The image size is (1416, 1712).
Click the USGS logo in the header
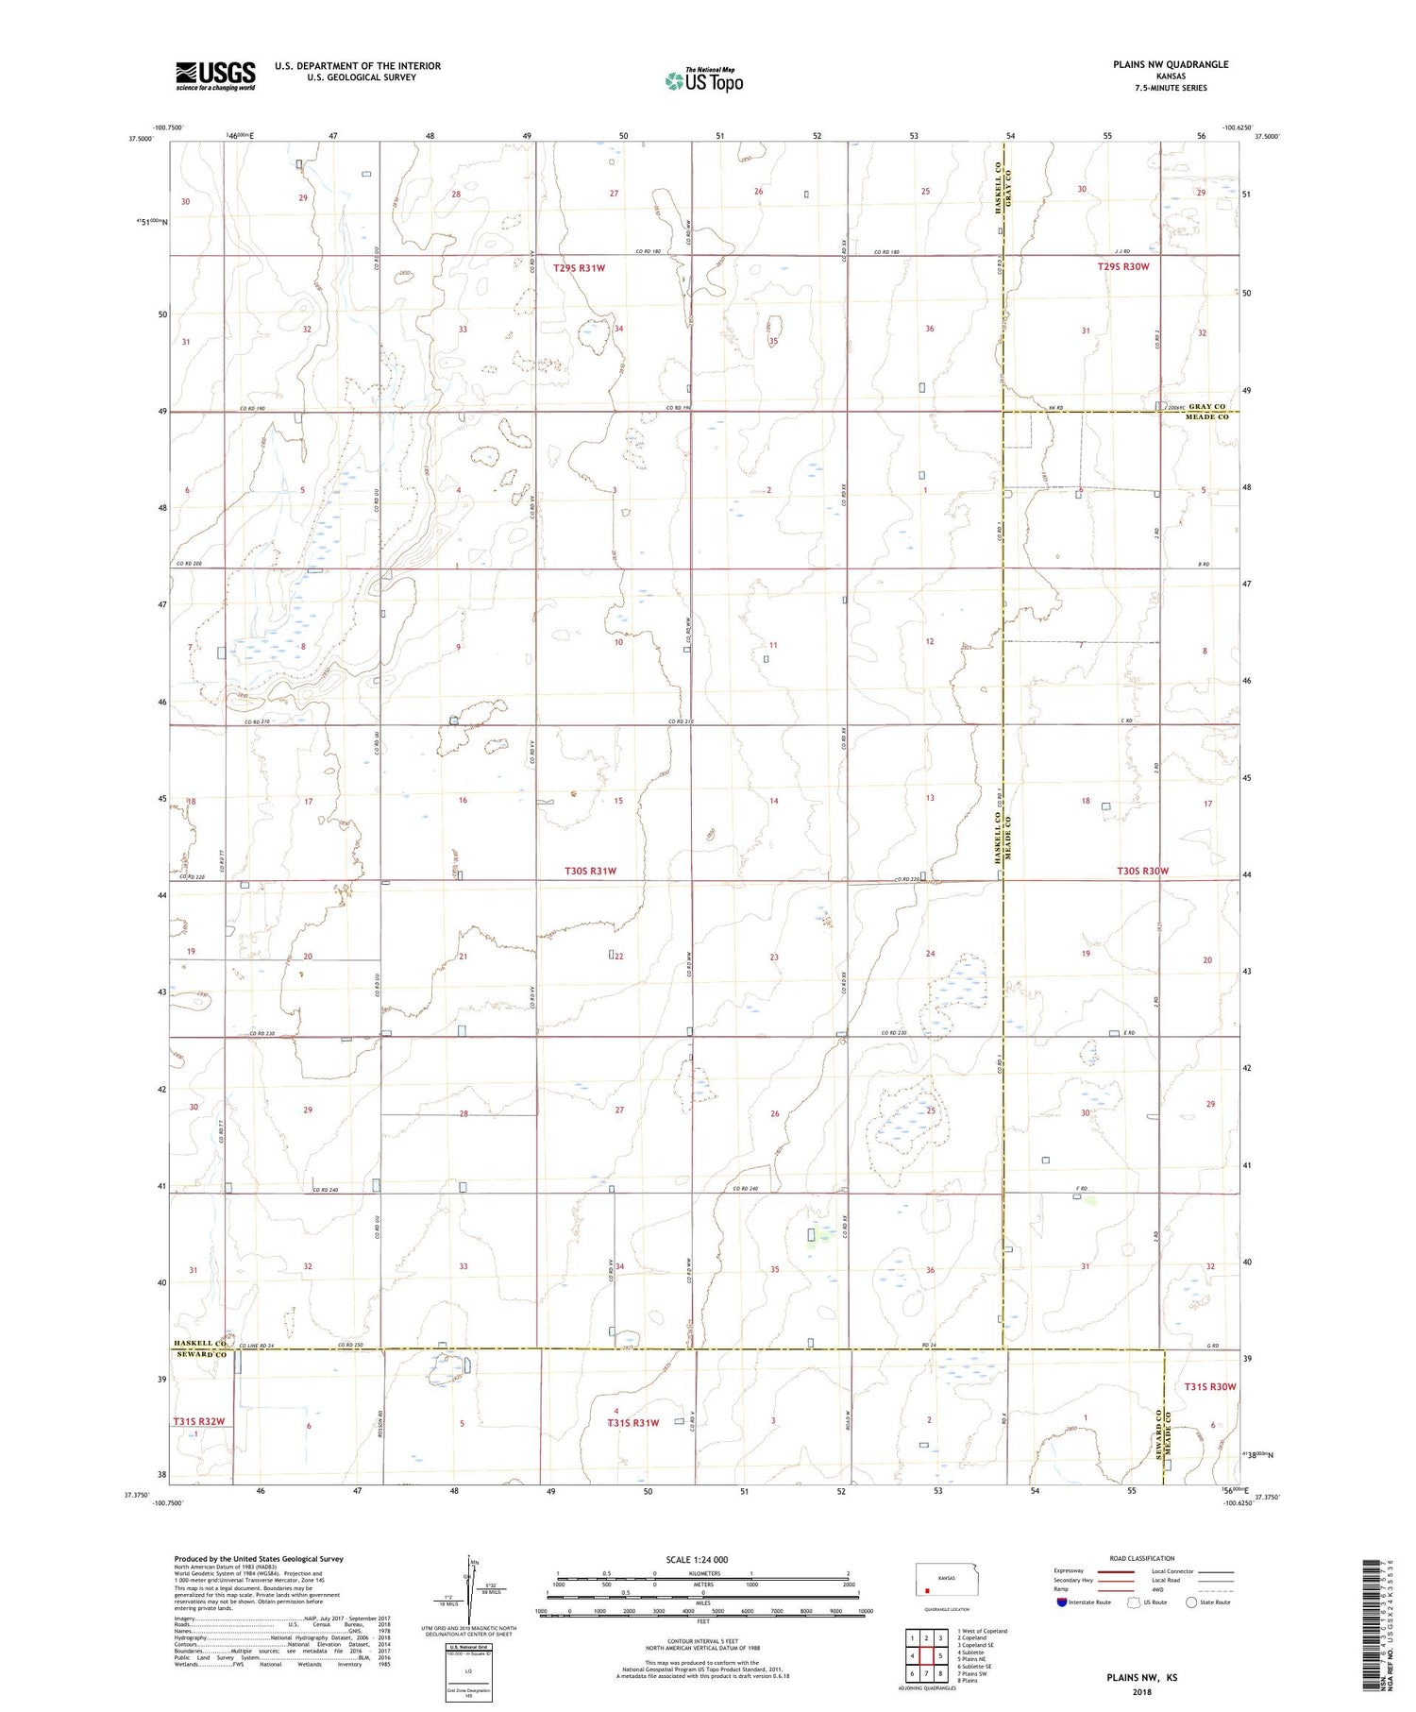point(215,76)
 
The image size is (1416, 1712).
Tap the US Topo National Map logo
point(703,81)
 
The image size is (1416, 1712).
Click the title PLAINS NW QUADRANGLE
point(1170,64)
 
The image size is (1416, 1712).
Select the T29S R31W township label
point(579,268)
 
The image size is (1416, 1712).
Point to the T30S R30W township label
point(1142,871)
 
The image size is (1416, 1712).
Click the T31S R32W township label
point(198,1421)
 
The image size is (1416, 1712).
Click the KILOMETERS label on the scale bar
point(702,1573)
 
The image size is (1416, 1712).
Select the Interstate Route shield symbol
point(1062,1602)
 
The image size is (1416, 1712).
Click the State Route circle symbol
point(1191,1602)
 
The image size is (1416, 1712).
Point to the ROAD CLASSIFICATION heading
point(1142,1558)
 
